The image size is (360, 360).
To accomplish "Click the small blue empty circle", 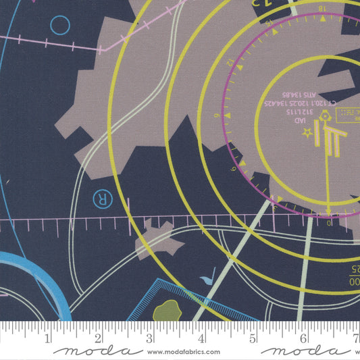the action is click(x=60, y=26).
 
